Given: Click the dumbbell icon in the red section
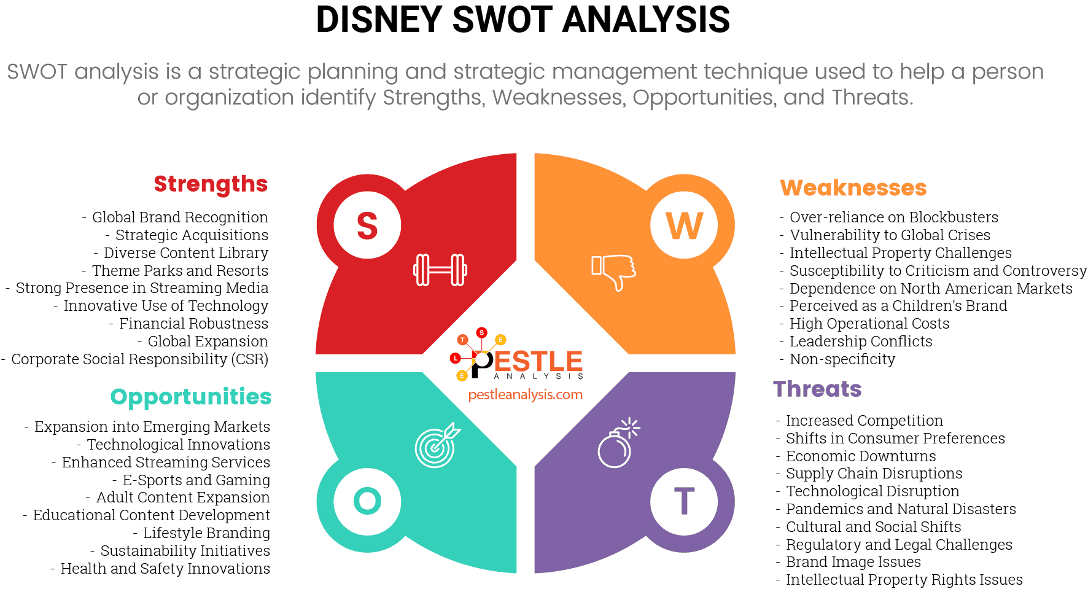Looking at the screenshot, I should pyautogui.click(x=440, y=270).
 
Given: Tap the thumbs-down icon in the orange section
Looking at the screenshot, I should pyautogui.click(x=613, y=271).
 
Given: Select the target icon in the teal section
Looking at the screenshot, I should pyautogui.click(x=437, y=445).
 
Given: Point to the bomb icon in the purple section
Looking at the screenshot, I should pyautogui.click(x=616, y=445).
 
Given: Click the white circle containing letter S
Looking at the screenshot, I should pyautogui.click(x=367, y=225).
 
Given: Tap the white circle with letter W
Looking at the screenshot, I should pyautogui.click(x=684, y=225).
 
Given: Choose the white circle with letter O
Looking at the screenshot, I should pyautogui.click(x=367, y=501).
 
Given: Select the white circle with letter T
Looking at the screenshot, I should pyautogui.click(x=684, y=501).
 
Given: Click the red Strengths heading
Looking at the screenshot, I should pyautogui.click(x=211, y=184).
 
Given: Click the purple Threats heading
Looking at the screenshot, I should pyautogui.click(x=817, y=389).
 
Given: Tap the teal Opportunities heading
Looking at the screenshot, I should pyautogui.click(x=191, y=397).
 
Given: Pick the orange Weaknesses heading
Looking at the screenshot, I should pyautogui.click(x=853, y=187).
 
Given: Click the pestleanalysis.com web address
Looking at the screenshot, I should pyautogui.click(x=525, y=395).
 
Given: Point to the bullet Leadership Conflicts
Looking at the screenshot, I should pyautogui.click(x=860, y=341).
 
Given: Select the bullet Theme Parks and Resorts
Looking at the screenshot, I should pyautogui.click(x=180, y=271).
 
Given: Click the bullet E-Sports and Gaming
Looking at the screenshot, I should pyautogui.click(x=196, y=480).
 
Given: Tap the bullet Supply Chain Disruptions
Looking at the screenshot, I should pyautogui.click(x=874, y=474).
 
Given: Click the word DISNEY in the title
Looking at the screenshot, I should pyautogui.click(x=379, y=20).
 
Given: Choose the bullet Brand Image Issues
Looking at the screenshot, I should pyautogui.click(x=853, y=562).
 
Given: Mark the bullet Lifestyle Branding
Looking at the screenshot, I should pyautogui.click(x=206, y=533).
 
